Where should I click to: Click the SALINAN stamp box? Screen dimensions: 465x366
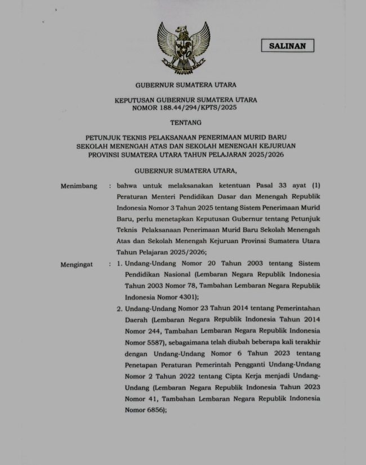click(x=287, y=46)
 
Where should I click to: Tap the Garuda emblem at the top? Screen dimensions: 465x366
click(x=184, y=48)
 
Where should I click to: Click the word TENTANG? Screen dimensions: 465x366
click(x=184, y=122)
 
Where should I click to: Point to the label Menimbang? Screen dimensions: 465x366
click(x=79, y=186)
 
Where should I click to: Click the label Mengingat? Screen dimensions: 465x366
click(x=77, y=264)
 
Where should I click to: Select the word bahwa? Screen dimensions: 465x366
click(x=128, y=186)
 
